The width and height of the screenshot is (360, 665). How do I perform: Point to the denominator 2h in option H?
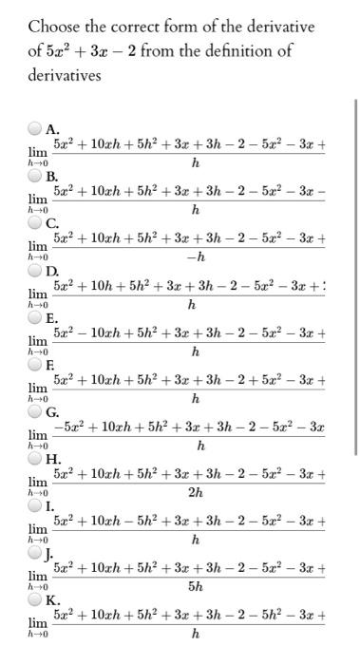pyautogui.click(x=195, y=493)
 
